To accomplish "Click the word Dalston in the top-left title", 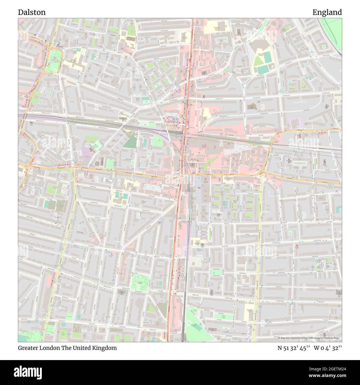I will pyautogui.click(x=32, y=12).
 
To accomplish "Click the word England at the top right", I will pyautogui.click(x=327, y=12).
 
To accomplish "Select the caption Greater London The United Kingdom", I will pyautogui.click(x=67, y=348).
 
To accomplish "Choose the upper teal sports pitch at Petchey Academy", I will pyautogui.click(x=268, y=57).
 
